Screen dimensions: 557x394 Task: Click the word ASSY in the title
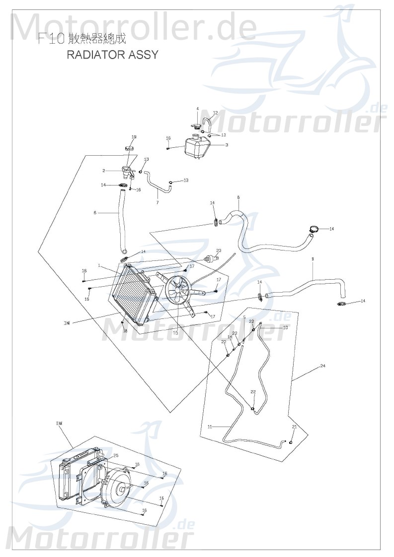tap(144, 55)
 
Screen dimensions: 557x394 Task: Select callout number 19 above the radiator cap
tap(134, 137)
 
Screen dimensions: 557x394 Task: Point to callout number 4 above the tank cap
tap(197, 109)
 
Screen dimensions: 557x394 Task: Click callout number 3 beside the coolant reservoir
tap(227, 145)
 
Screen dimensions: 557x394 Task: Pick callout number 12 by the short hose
tap(216, 113)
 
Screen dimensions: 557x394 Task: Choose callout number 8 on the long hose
tap(238, 197)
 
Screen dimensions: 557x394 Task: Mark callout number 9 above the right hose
tap(313, 259)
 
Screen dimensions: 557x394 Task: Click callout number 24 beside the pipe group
tap(322, 366)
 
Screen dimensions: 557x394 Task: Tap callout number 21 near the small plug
tap(294, 427)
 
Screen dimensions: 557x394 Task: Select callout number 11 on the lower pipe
tap(210, 427)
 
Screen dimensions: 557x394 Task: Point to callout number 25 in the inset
tap(116, 455)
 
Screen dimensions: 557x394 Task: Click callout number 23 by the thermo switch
tap(219, 250)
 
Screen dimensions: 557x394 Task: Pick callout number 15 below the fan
tap(175, 332)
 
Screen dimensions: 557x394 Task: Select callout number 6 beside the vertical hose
tap(95, 213)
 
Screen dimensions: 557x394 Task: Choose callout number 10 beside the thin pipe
tap(286, 328)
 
